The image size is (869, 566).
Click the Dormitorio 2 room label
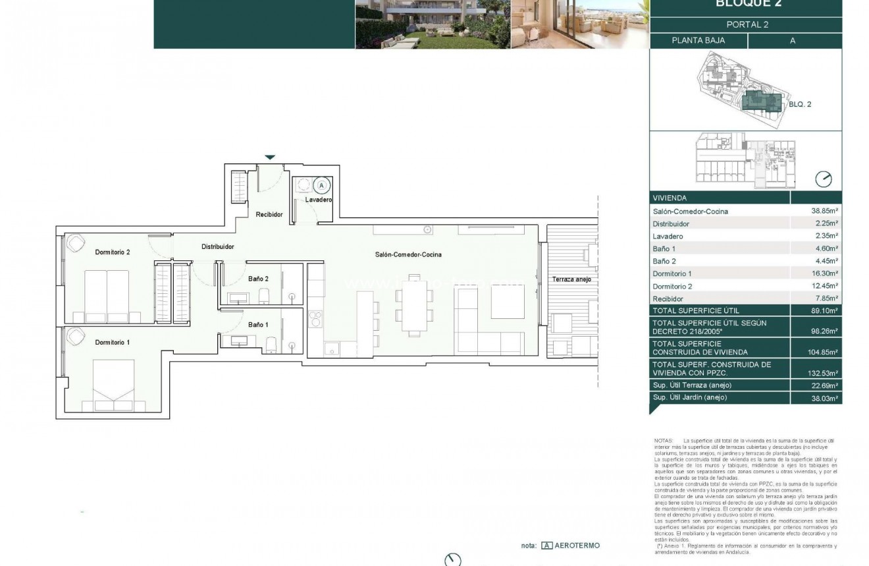[113, 252]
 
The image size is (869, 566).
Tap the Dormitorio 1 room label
[113, 342]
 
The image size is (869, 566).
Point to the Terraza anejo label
[571, 279]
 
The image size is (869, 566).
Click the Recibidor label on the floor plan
[269, 214]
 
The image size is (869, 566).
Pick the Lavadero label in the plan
[319, 199]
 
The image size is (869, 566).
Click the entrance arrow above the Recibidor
[270, 157]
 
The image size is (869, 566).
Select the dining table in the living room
[415, 306]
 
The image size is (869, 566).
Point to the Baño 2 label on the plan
[258, 279]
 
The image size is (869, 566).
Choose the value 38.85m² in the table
[826, 212]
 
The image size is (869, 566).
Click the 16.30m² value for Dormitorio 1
[826, 273]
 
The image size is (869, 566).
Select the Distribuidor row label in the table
[671, 224]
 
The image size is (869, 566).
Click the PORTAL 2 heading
[747, 25]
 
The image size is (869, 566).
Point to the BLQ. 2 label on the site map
[801, 104]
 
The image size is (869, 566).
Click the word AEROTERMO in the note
[577, 546]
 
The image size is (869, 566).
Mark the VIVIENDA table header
[670, 198]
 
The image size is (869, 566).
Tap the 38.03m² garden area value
[826, 398]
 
